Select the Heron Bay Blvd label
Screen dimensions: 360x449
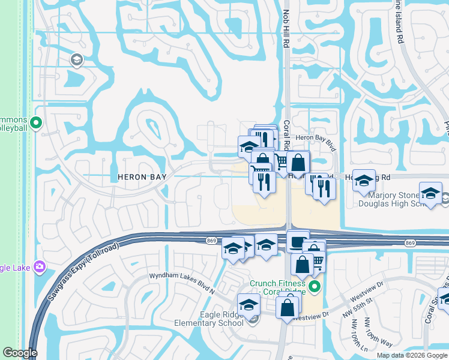coord(314,137)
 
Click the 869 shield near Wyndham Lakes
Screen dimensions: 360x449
coord(206,240)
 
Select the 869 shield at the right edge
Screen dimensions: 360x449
coord(410,243)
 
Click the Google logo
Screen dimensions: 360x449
coord(20,353)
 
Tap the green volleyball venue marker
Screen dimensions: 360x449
coord(35,123)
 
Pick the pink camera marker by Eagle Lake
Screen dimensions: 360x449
coord(40,266)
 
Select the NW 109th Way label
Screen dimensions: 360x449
coord(377,336)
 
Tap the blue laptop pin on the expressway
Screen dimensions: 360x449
coord(297,242)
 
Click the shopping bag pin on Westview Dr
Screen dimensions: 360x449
coord(288,307)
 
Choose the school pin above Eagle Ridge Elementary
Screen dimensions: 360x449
coord(249,304)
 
